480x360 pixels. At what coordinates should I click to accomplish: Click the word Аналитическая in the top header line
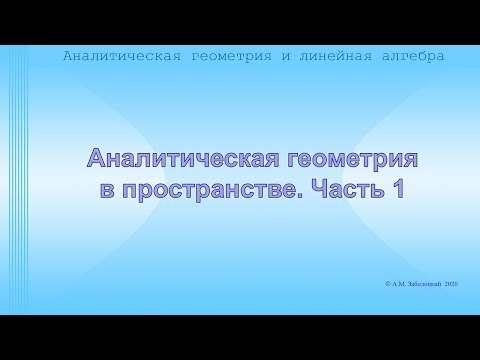(x=121, y=56)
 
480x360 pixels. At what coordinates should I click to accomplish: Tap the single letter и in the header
(x=286, y=56)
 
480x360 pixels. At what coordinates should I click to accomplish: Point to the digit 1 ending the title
(x=398, y=189)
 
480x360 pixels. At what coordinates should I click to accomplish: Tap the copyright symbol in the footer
(x=387, y=285)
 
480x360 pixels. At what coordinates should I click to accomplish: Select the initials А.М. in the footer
(x=400, y=285)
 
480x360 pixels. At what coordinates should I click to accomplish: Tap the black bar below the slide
(x=240, y=337)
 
